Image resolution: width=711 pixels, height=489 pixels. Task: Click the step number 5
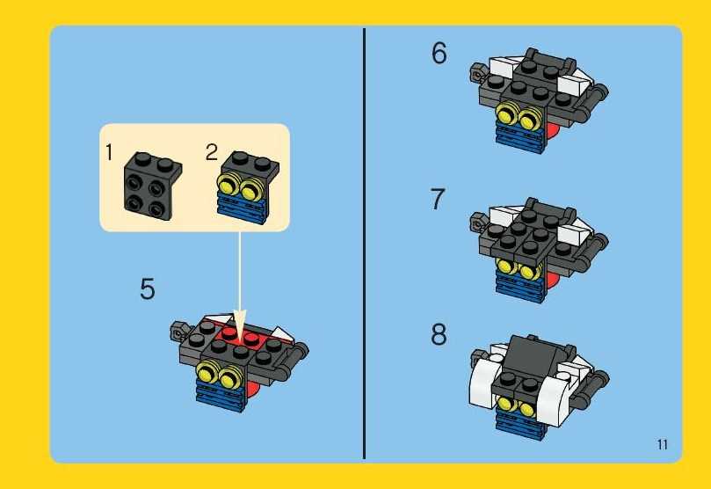tap(148, 289)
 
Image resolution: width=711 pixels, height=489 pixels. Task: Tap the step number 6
tap(439, 53)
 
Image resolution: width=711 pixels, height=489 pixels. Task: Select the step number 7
tap(438, 199)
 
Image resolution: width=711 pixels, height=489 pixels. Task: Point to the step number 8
tap(439, 334)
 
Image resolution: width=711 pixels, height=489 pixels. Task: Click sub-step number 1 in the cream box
tap(109, 152)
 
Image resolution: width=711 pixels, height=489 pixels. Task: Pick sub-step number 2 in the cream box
tap(212, 152)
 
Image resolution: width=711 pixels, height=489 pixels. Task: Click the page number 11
tap(663, 444)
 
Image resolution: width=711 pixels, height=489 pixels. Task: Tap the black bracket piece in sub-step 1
tap(152, 186)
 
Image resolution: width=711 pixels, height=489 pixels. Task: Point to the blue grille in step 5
tap(221, 397)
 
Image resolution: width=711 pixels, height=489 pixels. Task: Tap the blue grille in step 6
tap(520, 138)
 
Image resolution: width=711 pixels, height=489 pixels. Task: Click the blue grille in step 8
tap(520, 423)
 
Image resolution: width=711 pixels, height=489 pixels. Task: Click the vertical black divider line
tap(364, 244)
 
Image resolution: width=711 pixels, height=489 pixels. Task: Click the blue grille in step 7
tap(520, 288)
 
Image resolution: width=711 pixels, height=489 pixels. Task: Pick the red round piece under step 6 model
tap(551, 131)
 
